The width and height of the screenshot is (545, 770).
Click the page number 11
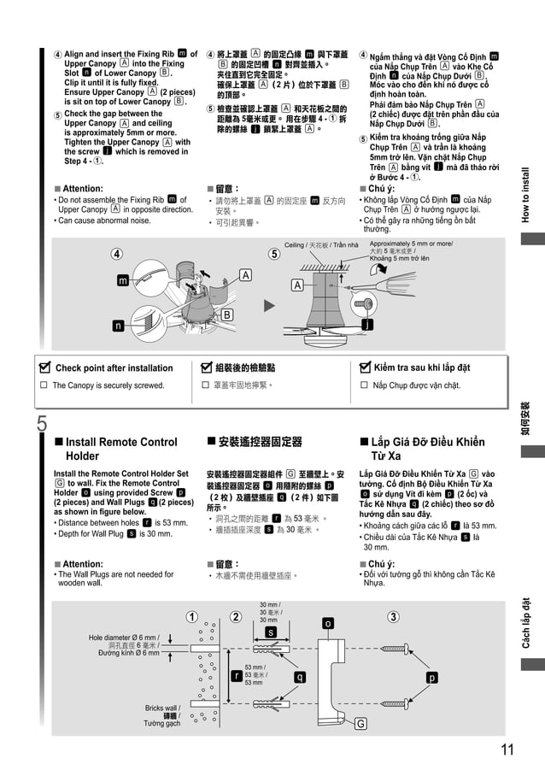(507, 750)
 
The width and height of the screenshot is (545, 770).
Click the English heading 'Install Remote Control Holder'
(115, 449)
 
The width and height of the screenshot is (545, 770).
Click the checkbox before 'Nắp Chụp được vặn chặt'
(365, 385)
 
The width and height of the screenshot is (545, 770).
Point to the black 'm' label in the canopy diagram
(123, 280)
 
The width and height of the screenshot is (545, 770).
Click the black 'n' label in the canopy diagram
(117, 325)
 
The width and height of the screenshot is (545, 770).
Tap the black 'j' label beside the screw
(366, 325)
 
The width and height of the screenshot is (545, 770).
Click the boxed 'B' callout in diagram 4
(227, 315)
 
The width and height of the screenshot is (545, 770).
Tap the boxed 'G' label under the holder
(360, 724)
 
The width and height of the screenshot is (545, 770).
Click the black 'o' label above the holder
(327, 624)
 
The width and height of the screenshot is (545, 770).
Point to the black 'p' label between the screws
(432, 677)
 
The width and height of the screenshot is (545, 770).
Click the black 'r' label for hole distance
(236, 675)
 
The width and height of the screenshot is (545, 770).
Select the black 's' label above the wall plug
(271, 632)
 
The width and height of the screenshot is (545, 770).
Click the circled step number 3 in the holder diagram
(393, 616)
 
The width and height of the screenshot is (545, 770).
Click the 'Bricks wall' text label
(162, 708)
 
